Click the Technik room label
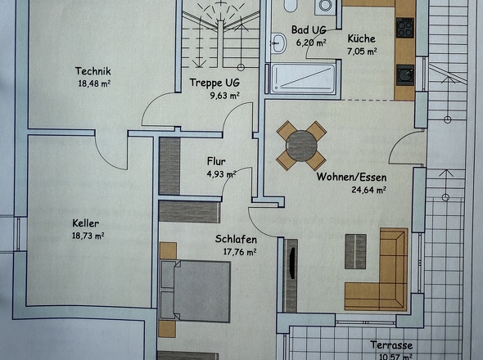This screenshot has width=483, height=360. point(93,71)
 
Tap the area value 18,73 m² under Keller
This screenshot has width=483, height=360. point(88,236)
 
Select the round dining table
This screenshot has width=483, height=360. point(301,146)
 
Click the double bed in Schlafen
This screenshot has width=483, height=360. point(196,291)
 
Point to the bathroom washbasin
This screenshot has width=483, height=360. point(278,43)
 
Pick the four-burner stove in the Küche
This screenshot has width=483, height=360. point(404,28)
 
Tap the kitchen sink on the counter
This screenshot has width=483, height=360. point(405,74)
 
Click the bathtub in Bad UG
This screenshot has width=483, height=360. point(303,79)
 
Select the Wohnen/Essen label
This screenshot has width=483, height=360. point(351,177)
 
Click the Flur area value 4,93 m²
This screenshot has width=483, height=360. point(222,174)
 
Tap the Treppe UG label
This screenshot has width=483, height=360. point(214,83)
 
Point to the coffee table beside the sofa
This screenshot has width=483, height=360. point(355,251)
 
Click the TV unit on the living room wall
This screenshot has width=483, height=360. point(291,276)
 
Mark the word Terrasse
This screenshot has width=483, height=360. point(391,345)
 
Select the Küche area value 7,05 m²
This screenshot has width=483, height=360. point(362,51)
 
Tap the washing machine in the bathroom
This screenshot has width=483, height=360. point(325,7)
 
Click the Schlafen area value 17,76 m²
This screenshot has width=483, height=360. point(240,252)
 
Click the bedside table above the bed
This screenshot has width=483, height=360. point(168,250)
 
